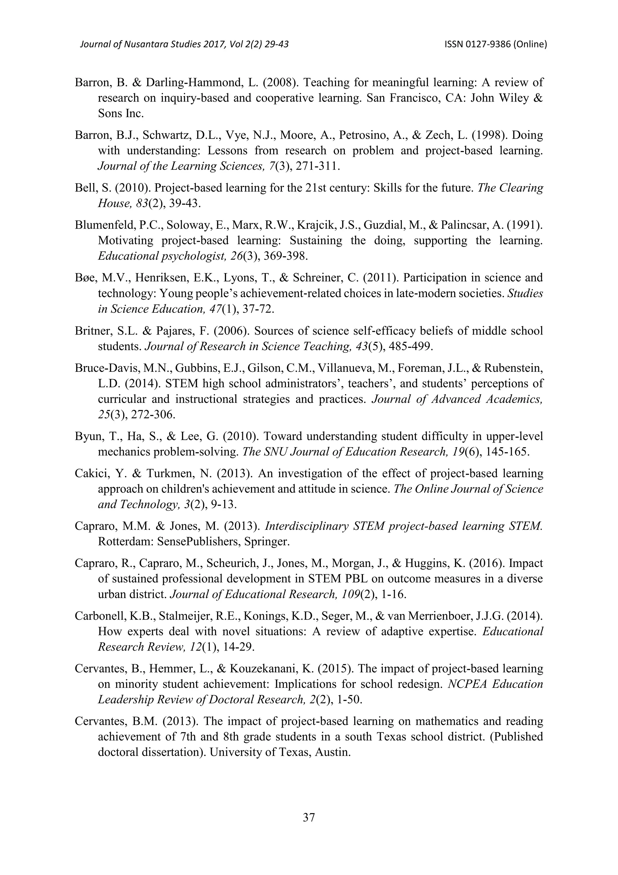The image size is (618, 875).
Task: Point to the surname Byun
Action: pos(88,436)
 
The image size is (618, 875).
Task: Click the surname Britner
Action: pos(91,331)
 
